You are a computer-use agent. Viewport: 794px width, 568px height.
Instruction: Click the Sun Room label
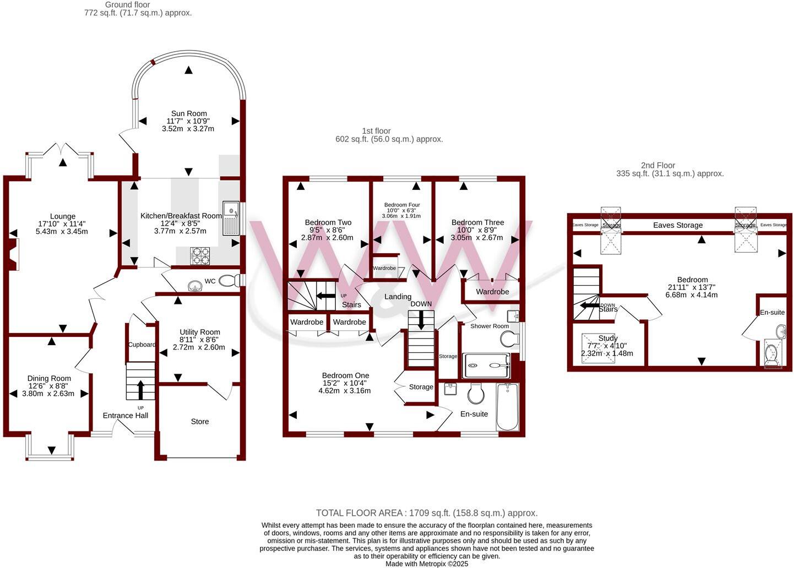pyautogui.click(x=189, y=113)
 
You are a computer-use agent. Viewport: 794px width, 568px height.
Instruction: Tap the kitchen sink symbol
pyautogui.click(x=231, y=219)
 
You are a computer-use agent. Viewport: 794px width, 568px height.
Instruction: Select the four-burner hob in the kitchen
pyautogui.click(x=200, y=256)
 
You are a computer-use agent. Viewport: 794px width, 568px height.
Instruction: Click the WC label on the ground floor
pyautogui.click(x=210, y=281)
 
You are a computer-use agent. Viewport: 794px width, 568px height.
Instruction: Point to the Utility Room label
pyautogui.click(x=199, y=332)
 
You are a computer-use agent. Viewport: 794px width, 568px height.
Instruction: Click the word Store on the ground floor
pyautogui.click(x=200, y=422)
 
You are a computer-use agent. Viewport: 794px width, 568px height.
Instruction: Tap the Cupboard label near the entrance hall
pyautogui.click(x=142, y=345)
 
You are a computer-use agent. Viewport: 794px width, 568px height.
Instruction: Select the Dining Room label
pyautogui.click(x=49, y=378)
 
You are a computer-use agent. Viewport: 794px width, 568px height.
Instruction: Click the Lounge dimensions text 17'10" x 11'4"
pyautogui.click(x=62, y=224)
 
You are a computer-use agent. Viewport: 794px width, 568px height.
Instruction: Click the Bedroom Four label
pyautogui.click(x=402, y=205)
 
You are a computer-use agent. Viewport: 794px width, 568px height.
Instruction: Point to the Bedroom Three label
pyautogui.click(x=477, y=222)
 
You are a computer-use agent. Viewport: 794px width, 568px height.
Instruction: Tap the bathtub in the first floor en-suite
pyautogui.click(x=507, y=407)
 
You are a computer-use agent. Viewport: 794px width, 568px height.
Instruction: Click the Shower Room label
pyautogui.click(x=490, y=326)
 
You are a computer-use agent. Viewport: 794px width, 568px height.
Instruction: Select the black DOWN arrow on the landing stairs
pyautogui.click(x=421, y=320)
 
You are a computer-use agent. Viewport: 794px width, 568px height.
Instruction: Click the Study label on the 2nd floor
pyautogui.click(x=608, y=338)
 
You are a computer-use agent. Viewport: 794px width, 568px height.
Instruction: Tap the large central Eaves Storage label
pyautogui.click(x=678, y=225)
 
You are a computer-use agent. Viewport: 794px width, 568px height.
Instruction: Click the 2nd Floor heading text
pyautogui.click(x=657, y=165)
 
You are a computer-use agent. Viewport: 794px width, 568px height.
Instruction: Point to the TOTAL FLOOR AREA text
pyautogui.click(x=427, y=513)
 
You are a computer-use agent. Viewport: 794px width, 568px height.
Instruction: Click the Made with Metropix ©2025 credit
pyautogui.click(x=427, y=564)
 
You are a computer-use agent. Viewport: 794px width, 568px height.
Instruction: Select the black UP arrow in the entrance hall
pyautogui.click(x=140, y=389)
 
